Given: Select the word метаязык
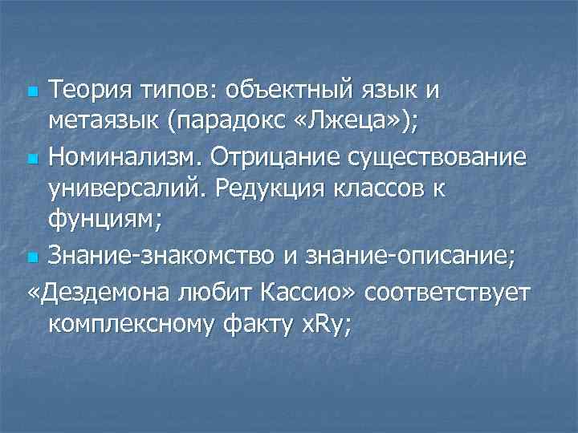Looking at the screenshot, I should click(103, 123).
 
